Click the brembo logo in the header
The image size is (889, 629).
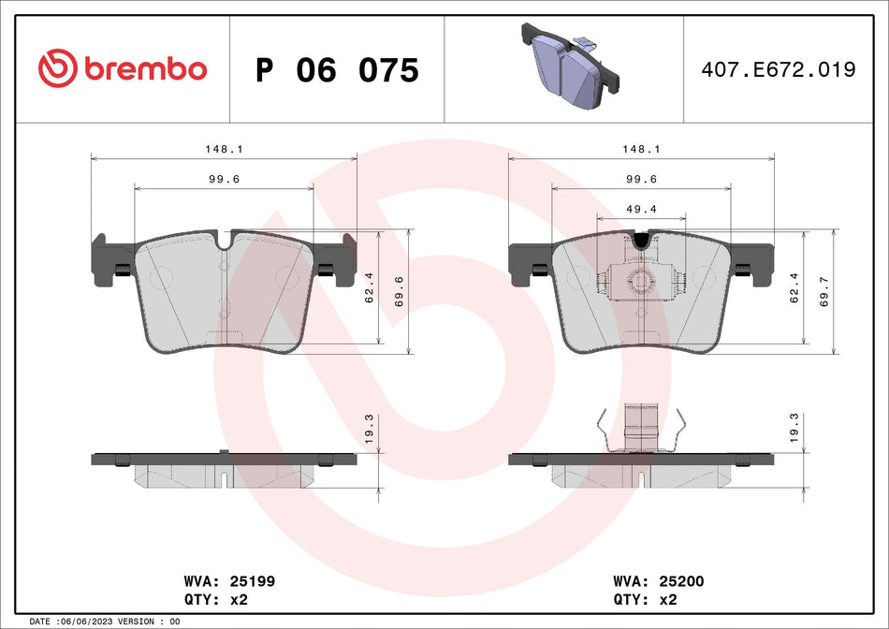(122, 68)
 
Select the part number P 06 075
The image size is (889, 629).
(337, 70)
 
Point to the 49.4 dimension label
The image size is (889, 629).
(641, 209)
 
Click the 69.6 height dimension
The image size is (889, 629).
(400, 292)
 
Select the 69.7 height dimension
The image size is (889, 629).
(824, 292)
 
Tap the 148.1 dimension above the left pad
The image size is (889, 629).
(223, 149)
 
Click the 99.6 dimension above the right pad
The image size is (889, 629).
(641, 179)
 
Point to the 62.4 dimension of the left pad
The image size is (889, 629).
(368, 287)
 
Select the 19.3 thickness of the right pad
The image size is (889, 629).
(794, 429)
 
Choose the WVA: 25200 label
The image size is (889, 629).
(657, 581)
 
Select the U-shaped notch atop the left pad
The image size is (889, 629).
(223, 241)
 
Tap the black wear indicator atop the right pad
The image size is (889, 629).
(640, 241)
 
